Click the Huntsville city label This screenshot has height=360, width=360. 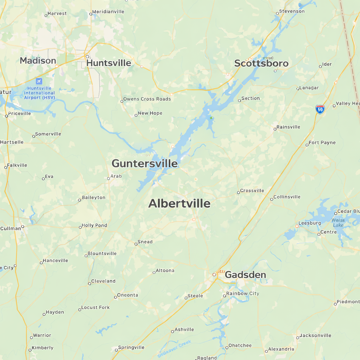click(109, 63)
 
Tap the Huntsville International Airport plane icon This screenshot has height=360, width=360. click(39, 81)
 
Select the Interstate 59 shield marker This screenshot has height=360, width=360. click(320, 109)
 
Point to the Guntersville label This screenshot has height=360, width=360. click(144, 163)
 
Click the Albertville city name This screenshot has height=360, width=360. click(179, 203)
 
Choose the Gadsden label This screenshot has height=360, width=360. click(245, 275)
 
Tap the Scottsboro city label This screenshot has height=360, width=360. click(261, 63)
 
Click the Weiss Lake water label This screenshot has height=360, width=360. click(338, 223)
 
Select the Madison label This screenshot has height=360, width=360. click(38, 60)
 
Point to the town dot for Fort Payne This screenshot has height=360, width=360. click(307, 144)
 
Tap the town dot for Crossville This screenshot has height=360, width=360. click(238, 192)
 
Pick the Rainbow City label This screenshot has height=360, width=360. click(243, 294)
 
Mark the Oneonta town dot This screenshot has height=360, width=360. click(115, 297)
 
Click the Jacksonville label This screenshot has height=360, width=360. click(315, 335)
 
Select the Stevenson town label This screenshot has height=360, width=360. click(292, 11)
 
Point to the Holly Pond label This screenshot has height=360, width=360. click(94, 225)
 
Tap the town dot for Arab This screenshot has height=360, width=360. click(109, 178)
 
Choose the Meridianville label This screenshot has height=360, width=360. click(109, 12)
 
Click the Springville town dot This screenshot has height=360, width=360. click(116, 350)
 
